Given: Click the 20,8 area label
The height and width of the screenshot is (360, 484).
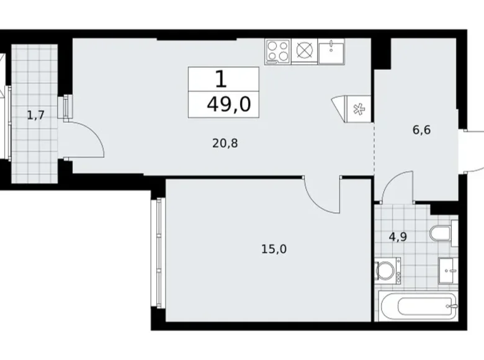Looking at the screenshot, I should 225,143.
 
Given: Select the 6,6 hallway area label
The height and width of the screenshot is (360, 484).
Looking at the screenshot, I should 422,130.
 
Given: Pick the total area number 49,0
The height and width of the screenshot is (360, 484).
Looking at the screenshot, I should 228,104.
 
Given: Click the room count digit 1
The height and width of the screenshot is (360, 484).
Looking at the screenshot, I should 220,79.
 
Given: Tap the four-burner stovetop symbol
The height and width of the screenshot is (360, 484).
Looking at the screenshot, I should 278,51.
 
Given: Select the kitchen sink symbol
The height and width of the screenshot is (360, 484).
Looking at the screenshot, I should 332,51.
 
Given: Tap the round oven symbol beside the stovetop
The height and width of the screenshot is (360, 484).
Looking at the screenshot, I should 305,51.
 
